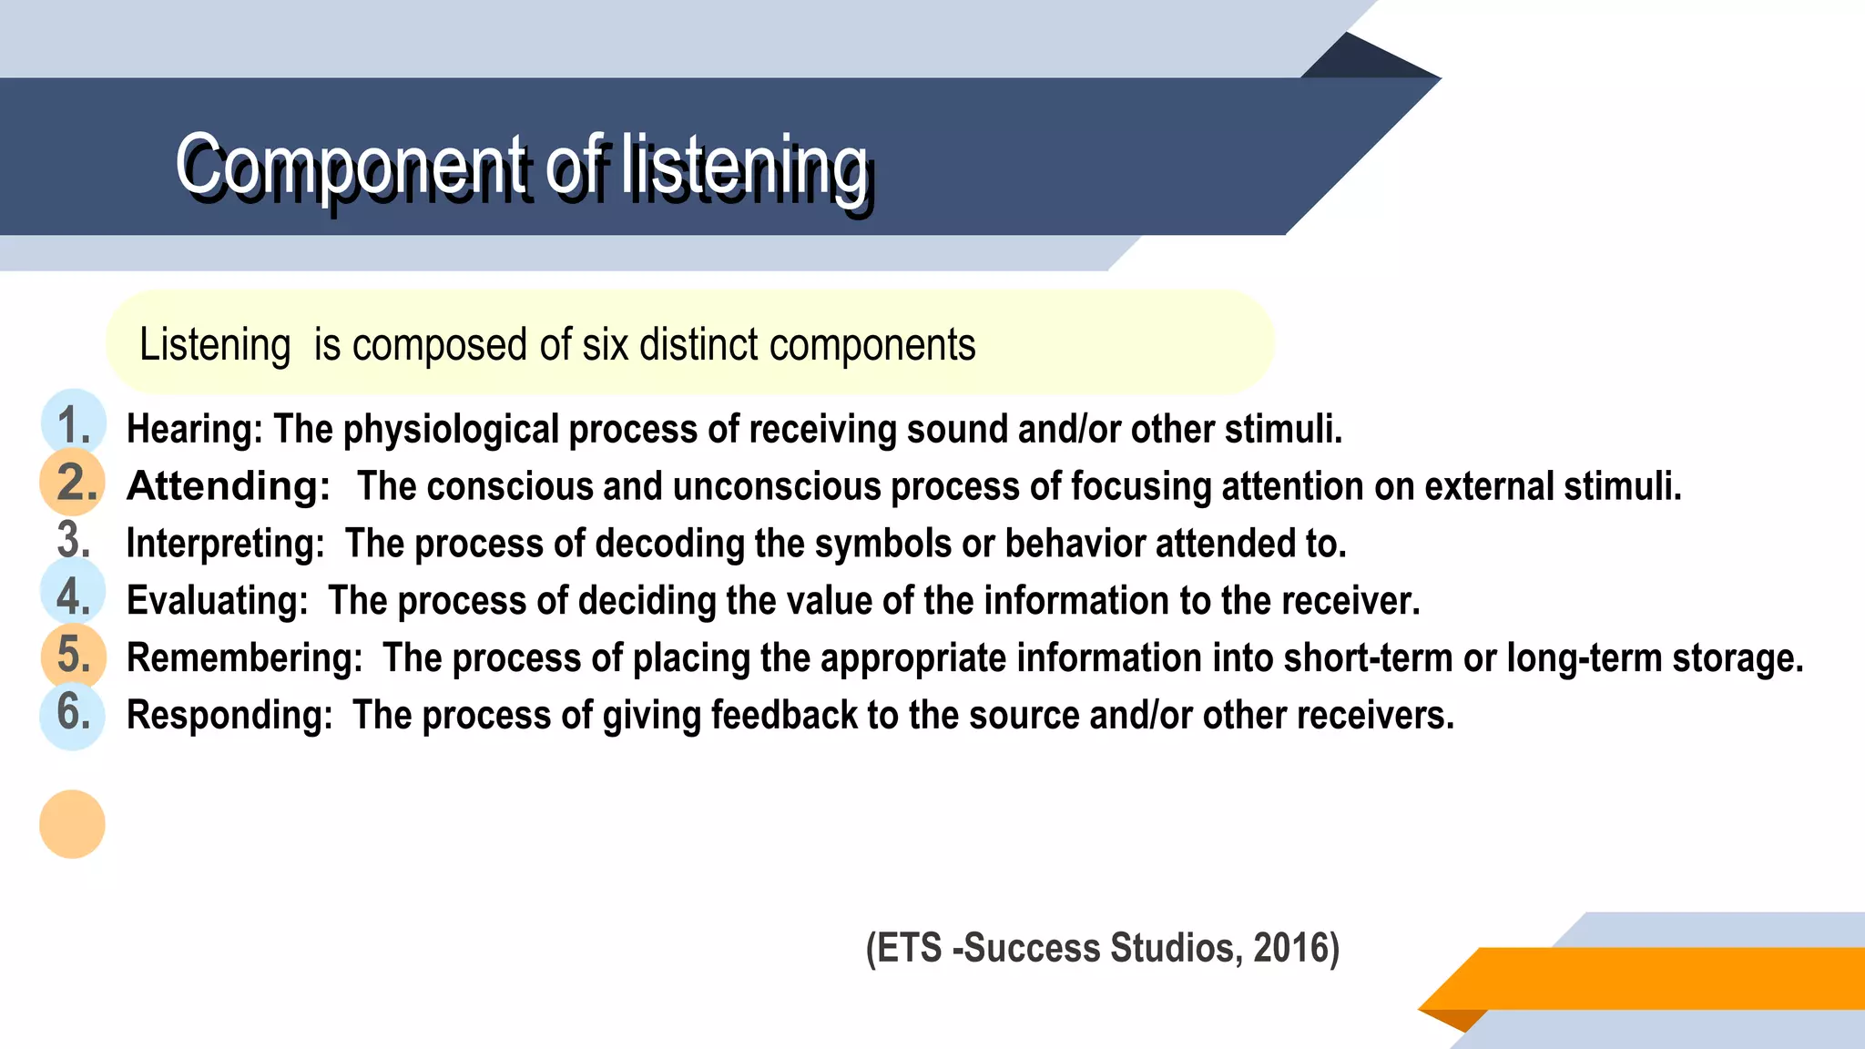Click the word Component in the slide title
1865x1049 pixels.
point(352,165)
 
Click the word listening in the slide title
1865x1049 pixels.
point(745,165)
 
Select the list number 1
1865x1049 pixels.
point(73,425)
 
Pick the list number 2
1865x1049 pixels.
point(76,483)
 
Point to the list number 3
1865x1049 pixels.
point(74,540)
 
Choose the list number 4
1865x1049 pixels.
point(74,597)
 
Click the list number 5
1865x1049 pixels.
point(74,655)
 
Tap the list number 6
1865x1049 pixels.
point(74,712)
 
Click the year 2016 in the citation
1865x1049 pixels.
point(1290,948)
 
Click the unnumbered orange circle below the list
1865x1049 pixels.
point(73,824)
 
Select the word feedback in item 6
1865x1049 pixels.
point(784,716)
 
